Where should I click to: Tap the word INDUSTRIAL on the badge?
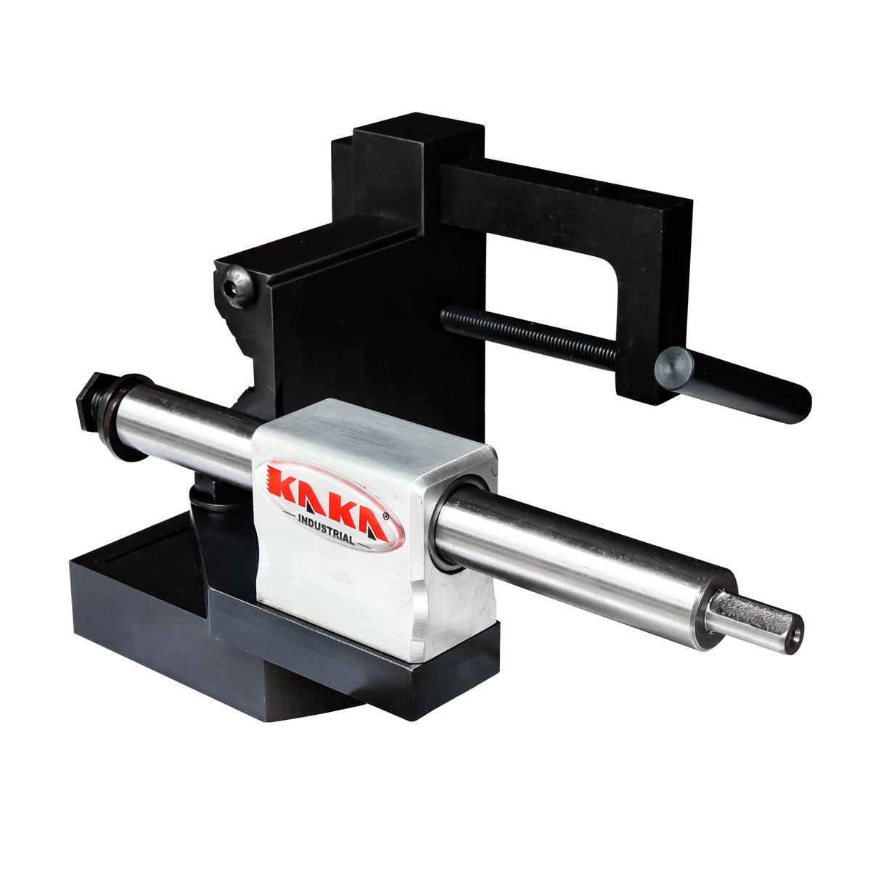[327, 528]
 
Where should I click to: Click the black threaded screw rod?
[530, 338]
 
